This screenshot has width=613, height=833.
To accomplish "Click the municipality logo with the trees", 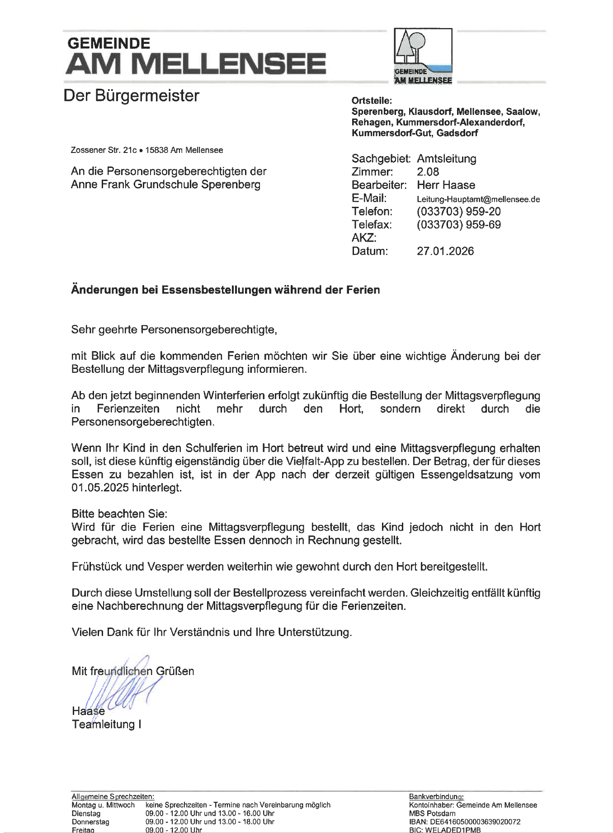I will (423, 56).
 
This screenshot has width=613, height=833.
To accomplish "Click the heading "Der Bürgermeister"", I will (131, 96).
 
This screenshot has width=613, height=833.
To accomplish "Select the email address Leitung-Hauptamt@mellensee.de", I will (478, 199).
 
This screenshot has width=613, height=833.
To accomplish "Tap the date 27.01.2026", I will (445, 251).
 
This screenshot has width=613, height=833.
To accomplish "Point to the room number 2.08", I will (428, 172).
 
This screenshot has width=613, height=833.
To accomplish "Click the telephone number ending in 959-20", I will (458, 211).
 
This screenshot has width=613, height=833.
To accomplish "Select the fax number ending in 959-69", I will (458, 225).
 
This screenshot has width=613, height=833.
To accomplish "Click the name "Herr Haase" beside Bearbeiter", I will (446, 185).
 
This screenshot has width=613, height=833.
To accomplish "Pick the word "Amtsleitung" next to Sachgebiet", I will (446, 159).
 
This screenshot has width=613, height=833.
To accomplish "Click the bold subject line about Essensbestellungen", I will (225, 290).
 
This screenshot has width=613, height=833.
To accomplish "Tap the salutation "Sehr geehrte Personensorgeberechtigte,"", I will (174, 329).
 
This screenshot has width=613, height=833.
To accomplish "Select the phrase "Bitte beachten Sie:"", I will (119, 514).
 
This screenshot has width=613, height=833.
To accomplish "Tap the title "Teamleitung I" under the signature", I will (106, 724).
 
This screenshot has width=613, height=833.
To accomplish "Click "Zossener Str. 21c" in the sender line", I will (104, 150).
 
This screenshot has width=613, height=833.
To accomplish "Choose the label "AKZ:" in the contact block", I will (364, 238).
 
